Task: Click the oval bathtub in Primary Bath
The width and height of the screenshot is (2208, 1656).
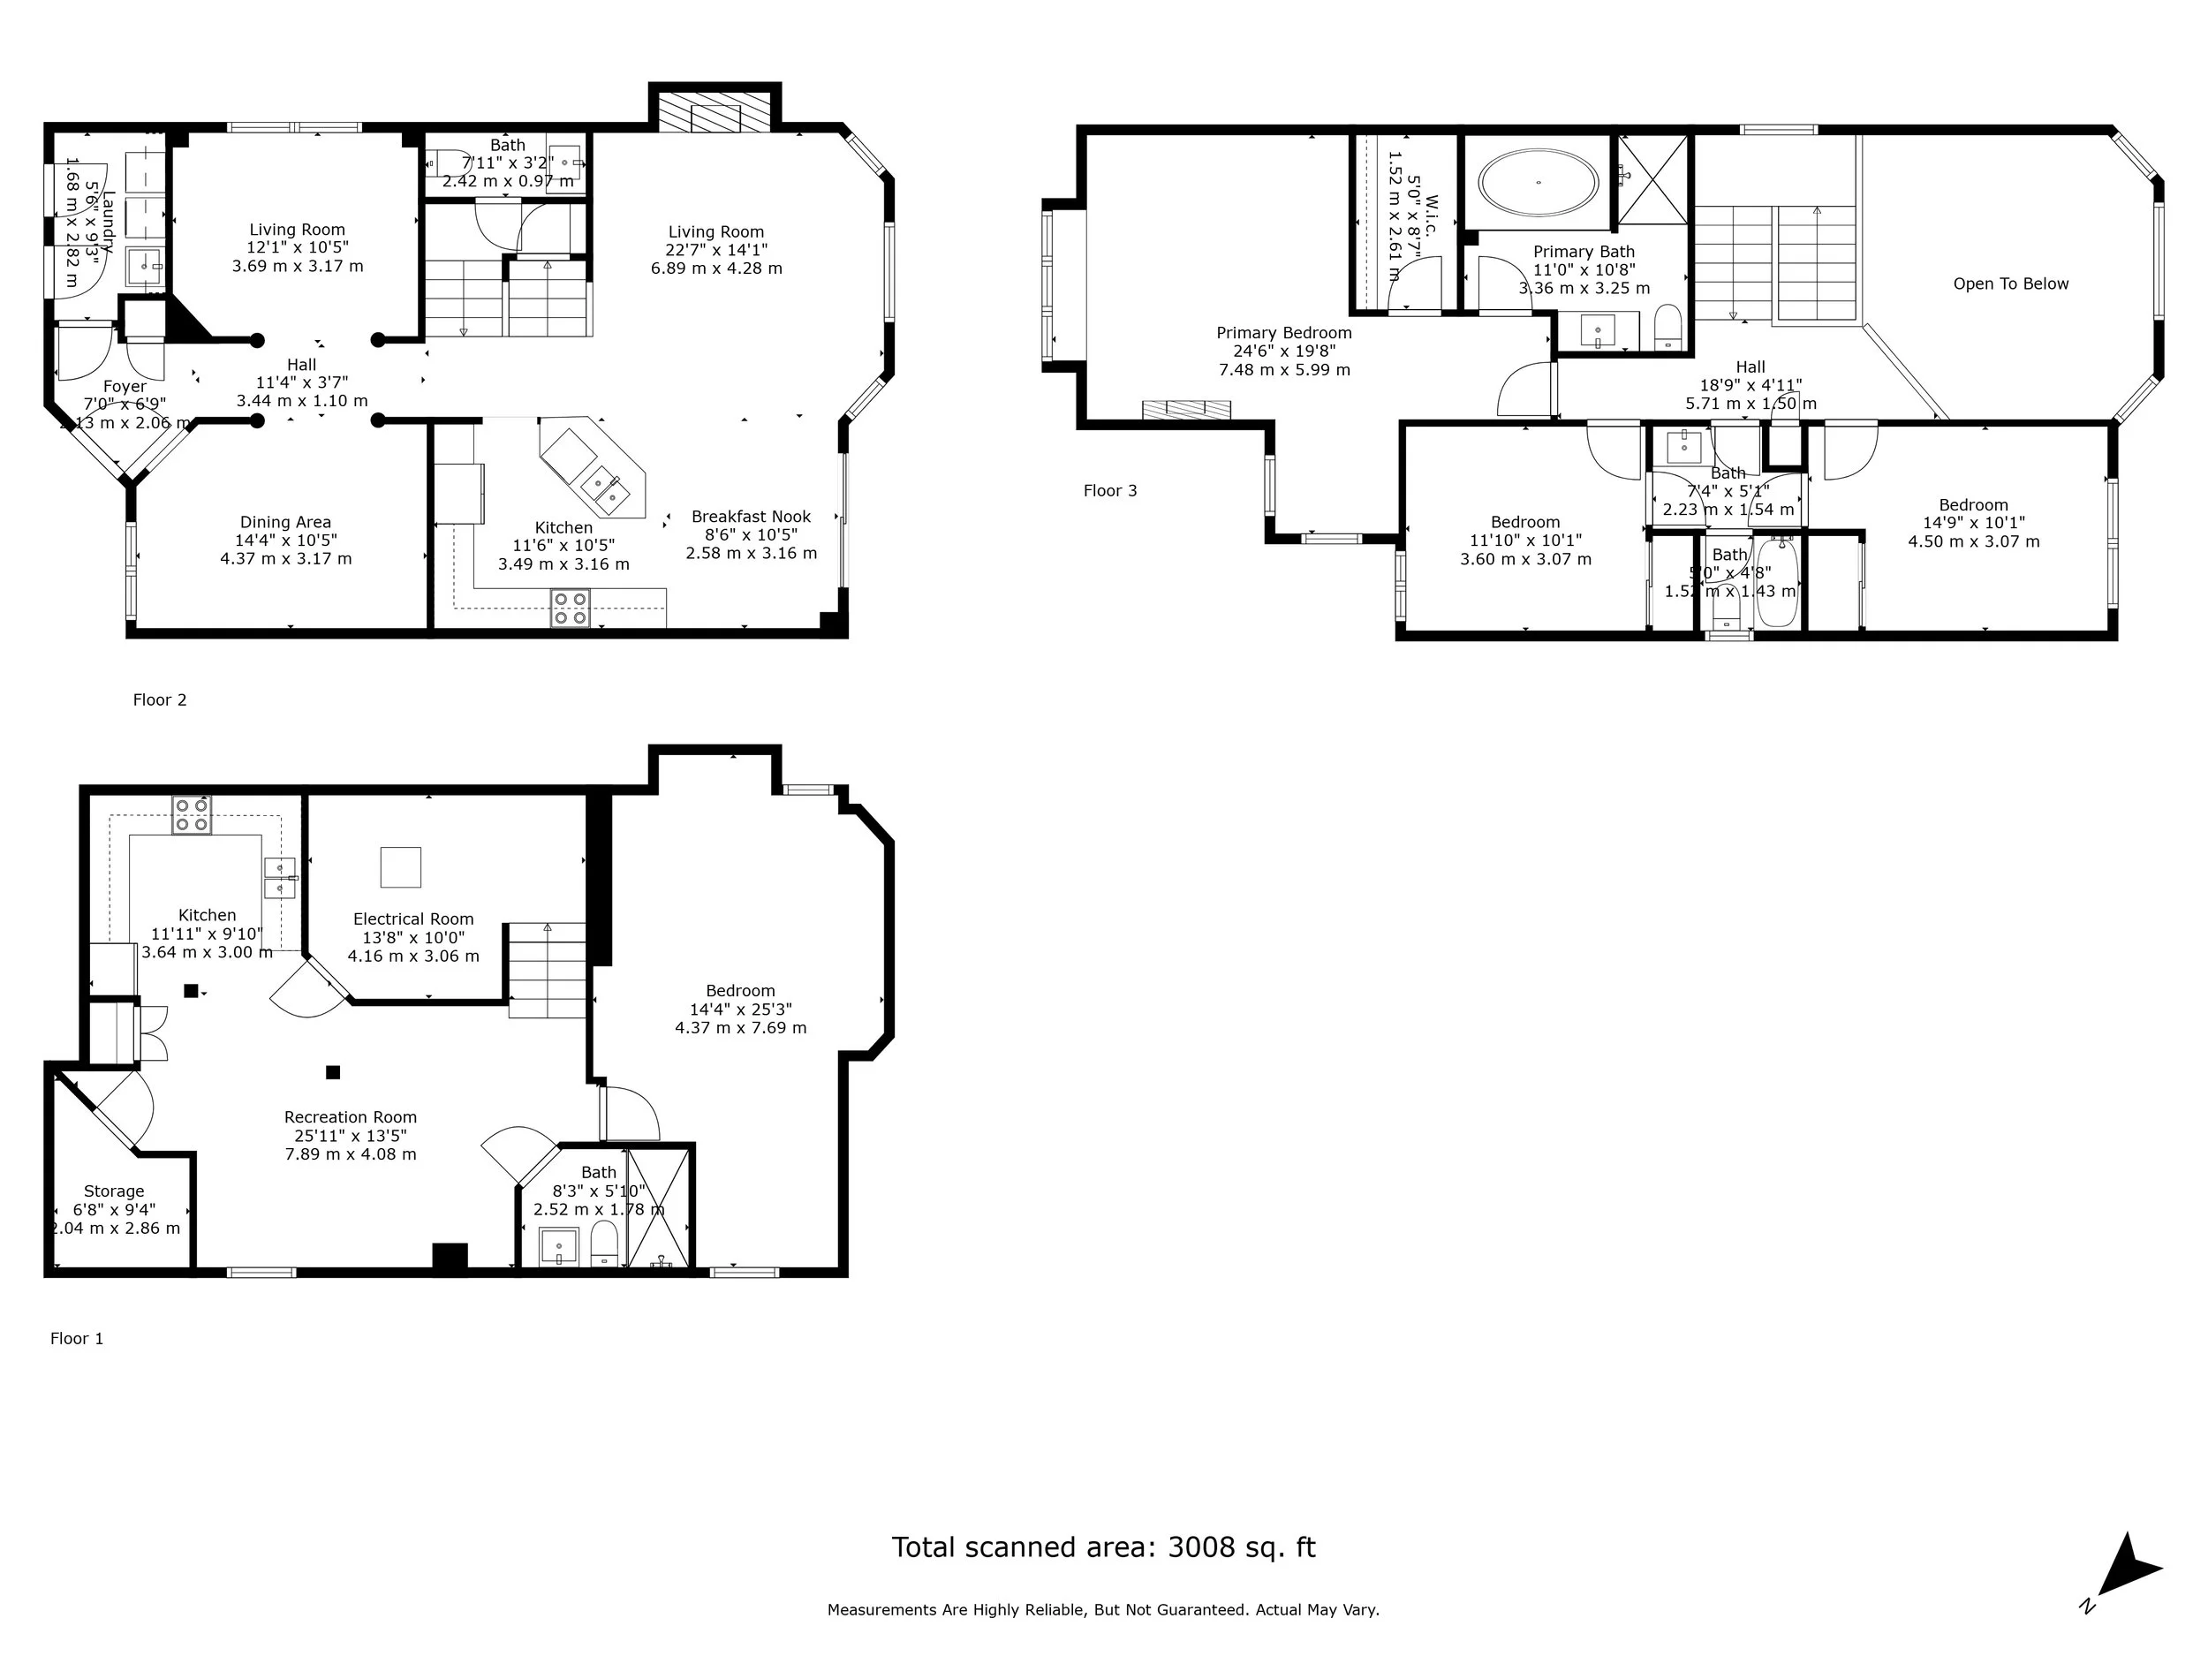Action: coord(1538,183)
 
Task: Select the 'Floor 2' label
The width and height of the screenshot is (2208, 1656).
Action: coord(160,699)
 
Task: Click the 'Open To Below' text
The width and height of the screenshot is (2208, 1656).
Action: coord(2010,284)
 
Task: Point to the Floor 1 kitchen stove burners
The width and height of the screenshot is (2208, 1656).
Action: coord(191,813)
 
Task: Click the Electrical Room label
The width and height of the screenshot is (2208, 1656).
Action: coord(413,919)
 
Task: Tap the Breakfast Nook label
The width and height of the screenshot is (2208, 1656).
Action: coord(751,516)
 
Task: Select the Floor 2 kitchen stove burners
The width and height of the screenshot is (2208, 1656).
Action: coord(570,608)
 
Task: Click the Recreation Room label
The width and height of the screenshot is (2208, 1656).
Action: coord(351,1117)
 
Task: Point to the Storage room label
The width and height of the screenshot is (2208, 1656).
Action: coord(114,1191)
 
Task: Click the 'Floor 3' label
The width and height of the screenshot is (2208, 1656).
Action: coord(1110,490)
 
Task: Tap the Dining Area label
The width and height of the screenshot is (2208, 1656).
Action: coord(285,521)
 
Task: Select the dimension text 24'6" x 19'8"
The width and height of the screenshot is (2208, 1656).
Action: coord(1283,351)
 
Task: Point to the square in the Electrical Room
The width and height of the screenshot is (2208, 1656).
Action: coord(400,866)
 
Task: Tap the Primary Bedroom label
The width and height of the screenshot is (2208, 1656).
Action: coord(1283,332)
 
